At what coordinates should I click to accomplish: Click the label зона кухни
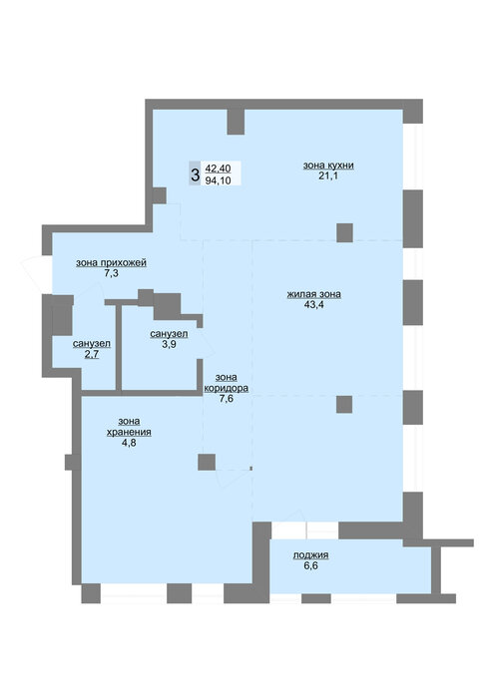coord(328,166)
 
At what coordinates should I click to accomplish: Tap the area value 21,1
coord(328,175)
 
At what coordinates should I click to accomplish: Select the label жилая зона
coord(314,294)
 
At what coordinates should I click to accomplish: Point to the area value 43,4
coord(314,305)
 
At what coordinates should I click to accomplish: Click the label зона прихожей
coord(111,262)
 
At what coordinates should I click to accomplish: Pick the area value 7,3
coord(111,273)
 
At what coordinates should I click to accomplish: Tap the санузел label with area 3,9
coord(169,334)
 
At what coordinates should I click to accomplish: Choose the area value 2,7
coord(92,354)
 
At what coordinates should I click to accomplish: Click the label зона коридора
coord(226,383)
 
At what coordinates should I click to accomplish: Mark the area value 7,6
coord(226,399)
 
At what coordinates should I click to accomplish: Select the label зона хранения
coord(129,427)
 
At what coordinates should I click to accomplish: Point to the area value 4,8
coord(129,443)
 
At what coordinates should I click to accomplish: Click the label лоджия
coord(311,555)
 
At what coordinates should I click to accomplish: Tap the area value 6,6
coord(311,565)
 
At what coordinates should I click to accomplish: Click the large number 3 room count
coord(195,174)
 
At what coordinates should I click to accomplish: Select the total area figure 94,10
coord(219,180)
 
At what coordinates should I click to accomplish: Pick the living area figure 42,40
coord(219,169)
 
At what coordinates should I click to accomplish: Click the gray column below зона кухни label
coord(344,232)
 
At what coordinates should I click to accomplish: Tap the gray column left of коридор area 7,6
coord(207,462)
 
